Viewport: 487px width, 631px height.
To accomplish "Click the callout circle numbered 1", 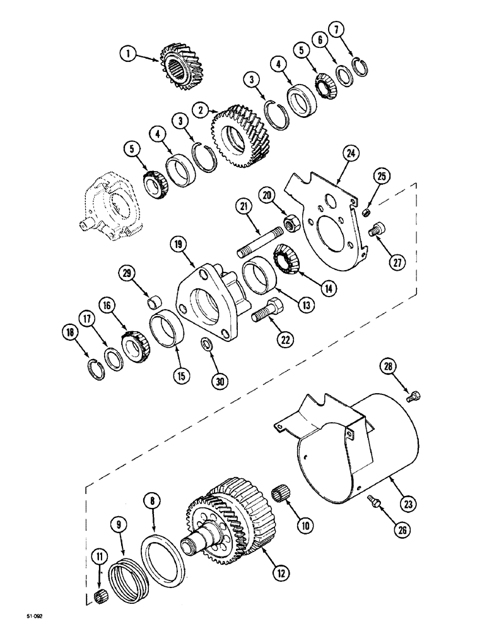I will click(129, 55).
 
